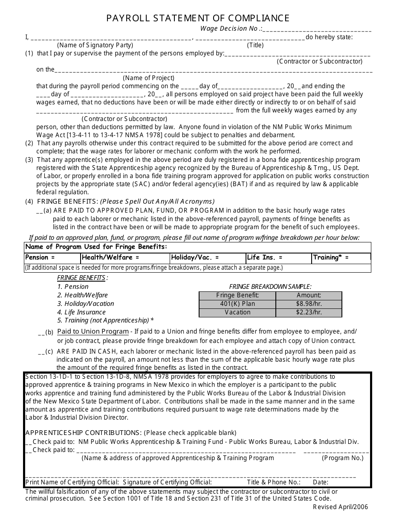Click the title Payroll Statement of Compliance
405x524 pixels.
click(198, 18)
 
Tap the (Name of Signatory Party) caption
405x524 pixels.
click(95, 45)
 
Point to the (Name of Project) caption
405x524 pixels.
click(149, 78)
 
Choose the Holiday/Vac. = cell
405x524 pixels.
click(207, 258)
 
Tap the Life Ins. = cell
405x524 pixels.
click(278, 258)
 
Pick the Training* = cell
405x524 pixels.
click(341, 258)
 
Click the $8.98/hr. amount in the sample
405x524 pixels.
click(309, 304)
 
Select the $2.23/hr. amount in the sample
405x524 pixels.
click(309, 312)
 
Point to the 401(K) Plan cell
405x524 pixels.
click(237, 304)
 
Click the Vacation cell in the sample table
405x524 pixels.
click(237, 312)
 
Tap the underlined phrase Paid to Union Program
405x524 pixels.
click(93, 331)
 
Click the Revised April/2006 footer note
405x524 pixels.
click(340, 507)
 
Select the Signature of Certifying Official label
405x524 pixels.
click(167, 482)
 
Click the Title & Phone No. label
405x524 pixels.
click(274, 482)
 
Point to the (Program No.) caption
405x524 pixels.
click(343, 458)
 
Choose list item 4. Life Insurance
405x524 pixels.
click(81, 312)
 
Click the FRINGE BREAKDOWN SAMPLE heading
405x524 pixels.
click(270, 287)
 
